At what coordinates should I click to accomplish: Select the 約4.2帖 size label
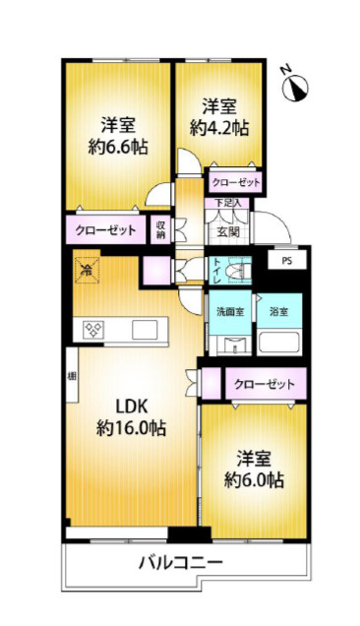click(x=218, y=127)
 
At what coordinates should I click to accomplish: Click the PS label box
click(x=286, y=262)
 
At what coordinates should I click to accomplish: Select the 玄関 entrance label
click(x=228, y=232)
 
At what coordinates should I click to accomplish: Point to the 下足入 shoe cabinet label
click(x=228, y=204)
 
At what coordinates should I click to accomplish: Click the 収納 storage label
click(x=159, y=230)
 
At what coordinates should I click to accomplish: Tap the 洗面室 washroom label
click(x=229, y=311)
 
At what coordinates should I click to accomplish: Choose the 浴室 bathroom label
click(x=278, y=311)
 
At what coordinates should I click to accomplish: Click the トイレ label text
click(x=216, y=269)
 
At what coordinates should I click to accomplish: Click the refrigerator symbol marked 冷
click(x=88, y=267)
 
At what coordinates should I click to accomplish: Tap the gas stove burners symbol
click(x=94, y=330)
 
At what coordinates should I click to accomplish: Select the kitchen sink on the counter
click(x=144, y=329)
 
